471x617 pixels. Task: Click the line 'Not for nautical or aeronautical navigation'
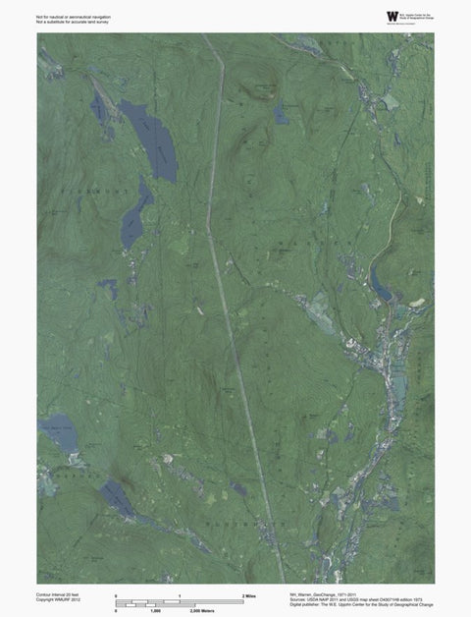[73, 17]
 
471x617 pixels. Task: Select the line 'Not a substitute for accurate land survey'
[72, 22]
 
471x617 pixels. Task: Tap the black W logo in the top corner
[392, 16]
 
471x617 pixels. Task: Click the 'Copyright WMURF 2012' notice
[58, 600]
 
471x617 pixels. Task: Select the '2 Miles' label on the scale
[249, 596]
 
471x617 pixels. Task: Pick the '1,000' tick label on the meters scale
[155, 610]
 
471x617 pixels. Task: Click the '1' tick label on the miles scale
[180, 596]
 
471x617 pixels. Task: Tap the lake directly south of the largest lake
[135, 215]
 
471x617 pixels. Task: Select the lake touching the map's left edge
[60, 432]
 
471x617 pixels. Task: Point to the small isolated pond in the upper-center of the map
[282, 115]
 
